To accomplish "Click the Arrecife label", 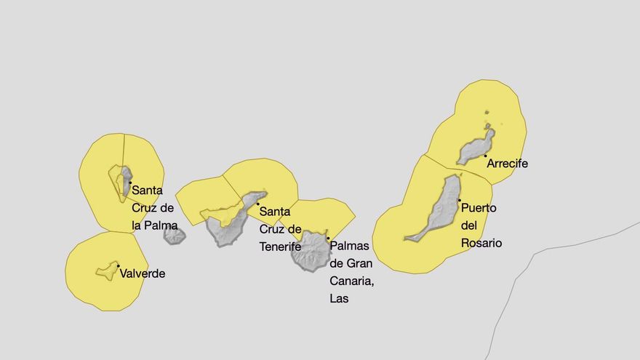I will pos(507,164).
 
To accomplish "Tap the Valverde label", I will pos(143,274).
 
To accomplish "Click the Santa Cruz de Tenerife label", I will pos(281,229).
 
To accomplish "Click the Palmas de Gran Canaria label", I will pos(351,272).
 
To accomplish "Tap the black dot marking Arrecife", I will pos(485,156).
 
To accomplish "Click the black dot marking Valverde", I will pos(118,266).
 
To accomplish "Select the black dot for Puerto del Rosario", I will pos(459,200).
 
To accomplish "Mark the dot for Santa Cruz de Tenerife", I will pos(257,204).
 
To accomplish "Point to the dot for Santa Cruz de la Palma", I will pos(130,183).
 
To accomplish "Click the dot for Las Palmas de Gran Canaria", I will pos(328,238).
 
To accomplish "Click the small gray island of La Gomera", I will pos(175,236).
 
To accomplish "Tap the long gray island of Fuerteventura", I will pos(440,211).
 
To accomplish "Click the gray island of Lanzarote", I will pos(476,148).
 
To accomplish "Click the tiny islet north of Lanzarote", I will pos(487,113).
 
